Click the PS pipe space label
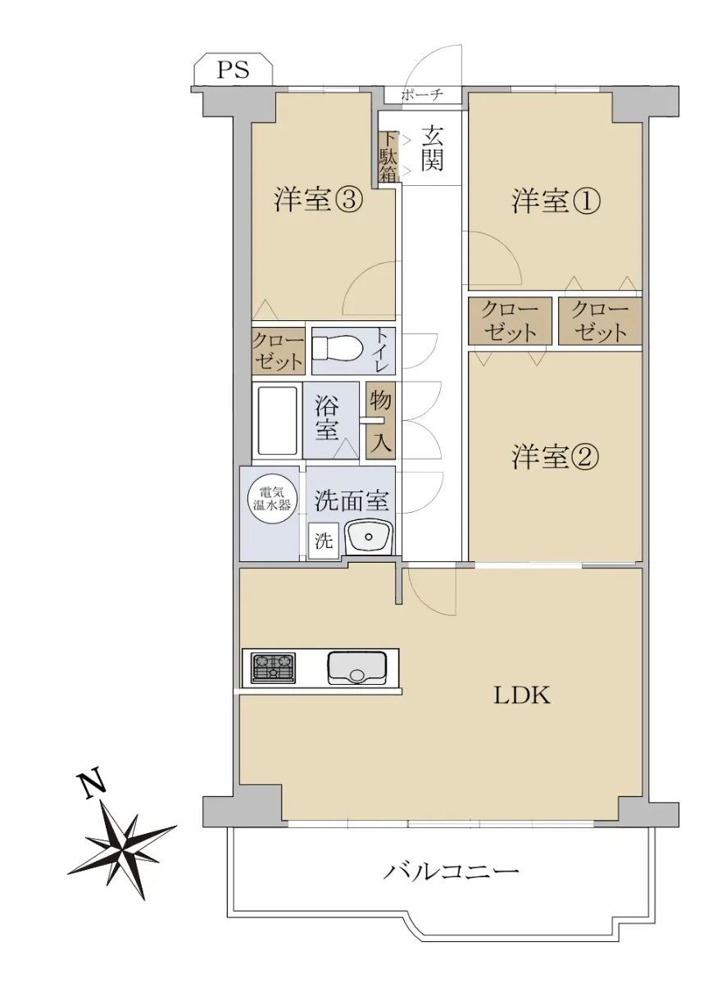[233, 70]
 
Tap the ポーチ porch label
[422, 95]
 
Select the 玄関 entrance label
[432, 148]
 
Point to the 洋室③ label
[319, 201]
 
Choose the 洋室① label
[556, 202]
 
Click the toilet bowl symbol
[337, 351]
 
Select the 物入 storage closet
[380, 420]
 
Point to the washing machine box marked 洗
[324, 542]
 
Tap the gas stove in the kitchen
[273, 668]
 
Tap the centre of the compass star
[122, 844]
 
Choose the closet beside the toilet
[279, 351]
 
